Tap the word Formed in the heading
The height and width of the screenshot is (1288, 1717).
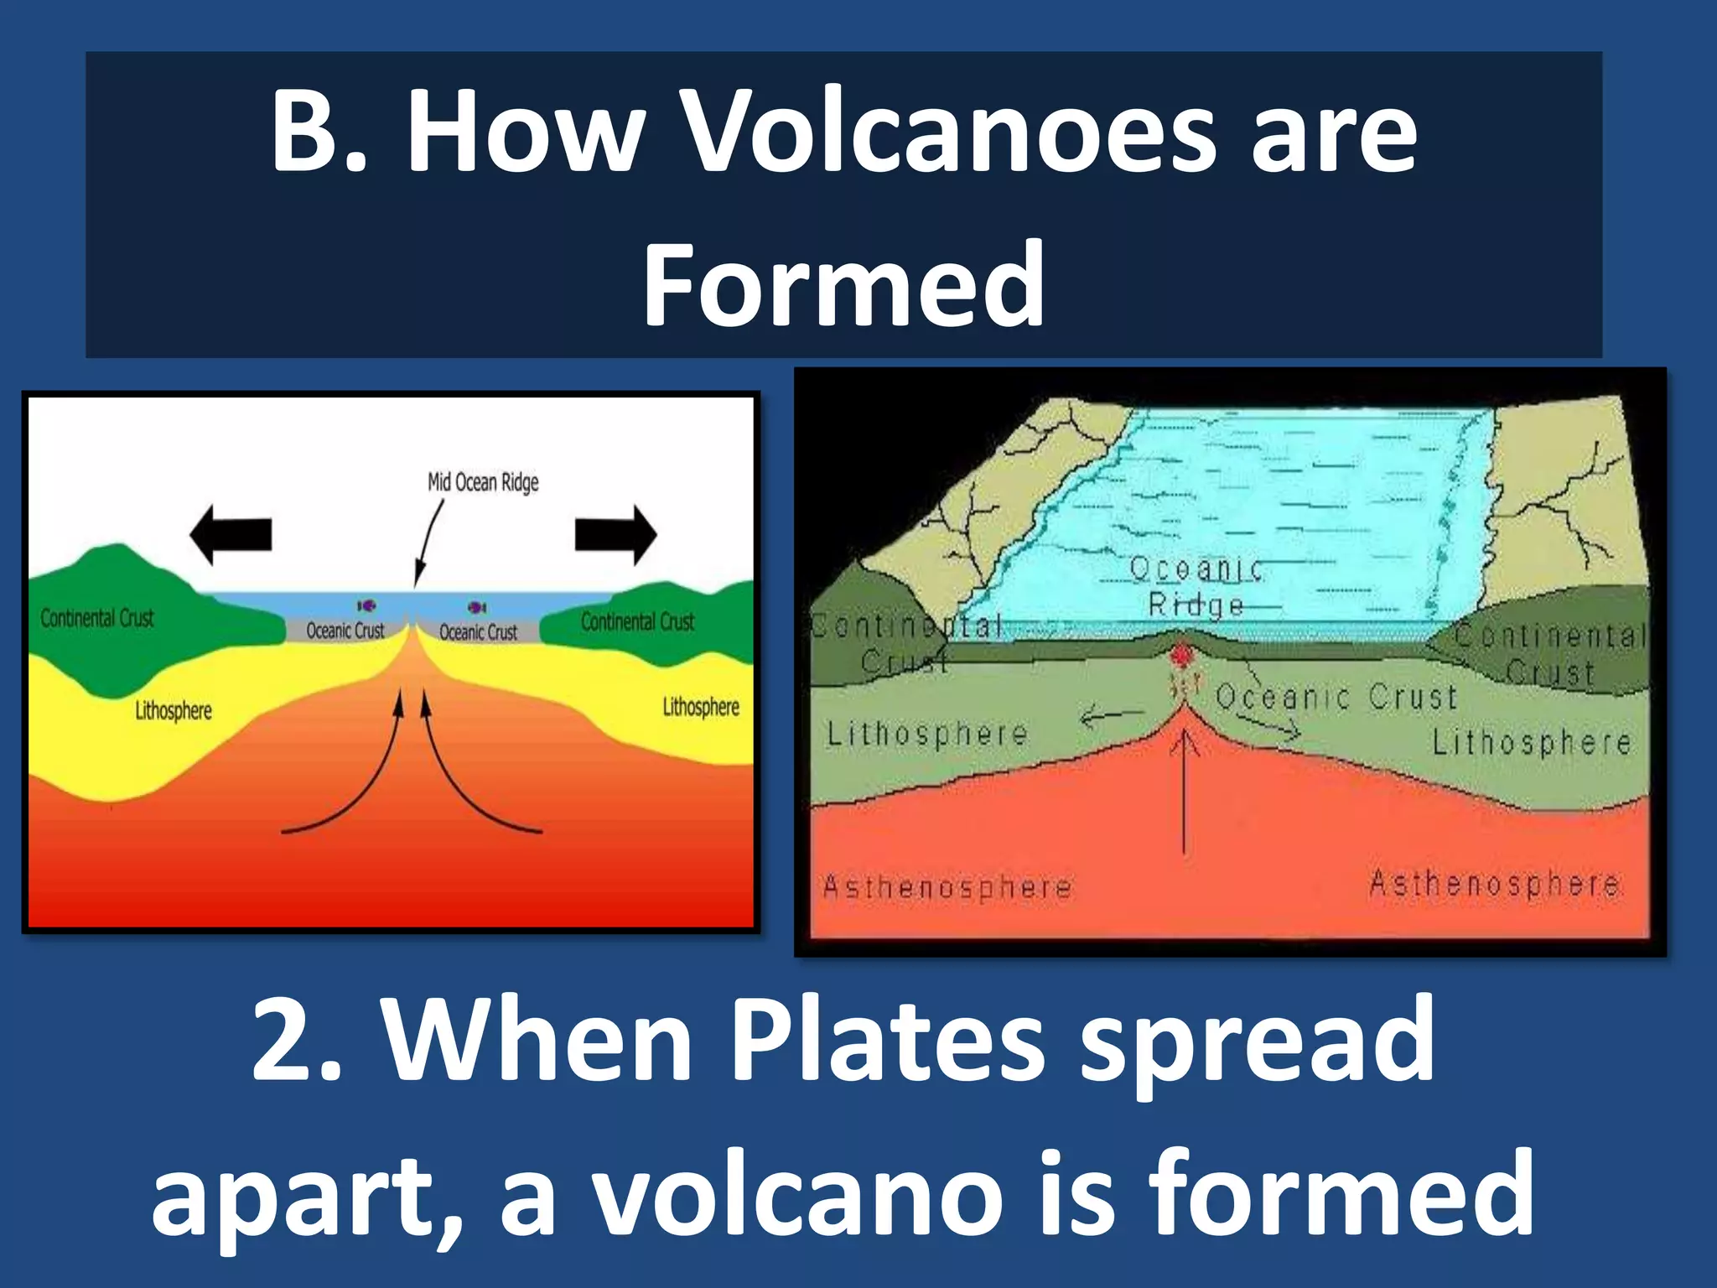(843, 285)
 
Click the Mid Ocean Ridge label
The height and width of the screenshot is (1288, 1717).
(483, 482)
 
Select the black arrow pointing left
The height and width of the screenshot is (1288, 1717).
(231, 534)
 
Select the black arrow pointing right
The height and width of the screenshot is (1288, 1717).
(615, 534)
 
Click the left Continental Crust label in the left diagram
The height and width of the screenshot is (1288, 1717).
(97, 619)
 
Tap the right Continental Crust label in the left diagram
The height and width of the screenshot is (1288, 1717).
(637, 622)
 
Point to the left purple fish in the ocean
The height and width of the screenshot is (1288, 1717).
(366, 605)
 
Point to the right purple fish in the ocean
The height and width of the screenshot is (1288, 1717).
(477, 607)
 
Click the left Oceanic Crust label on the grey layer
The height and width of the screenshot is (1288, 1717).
(345, 631)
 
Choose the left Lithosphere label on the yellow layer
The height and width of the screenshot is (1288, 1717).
(174, 711)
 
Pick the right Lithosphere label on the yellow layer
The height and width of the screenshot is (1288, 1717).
(701, 708)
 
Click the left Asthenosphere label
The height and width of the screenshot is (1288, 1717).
(947, 887)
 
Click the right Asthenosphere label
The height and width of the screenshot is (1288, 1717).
(1494, 884)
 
